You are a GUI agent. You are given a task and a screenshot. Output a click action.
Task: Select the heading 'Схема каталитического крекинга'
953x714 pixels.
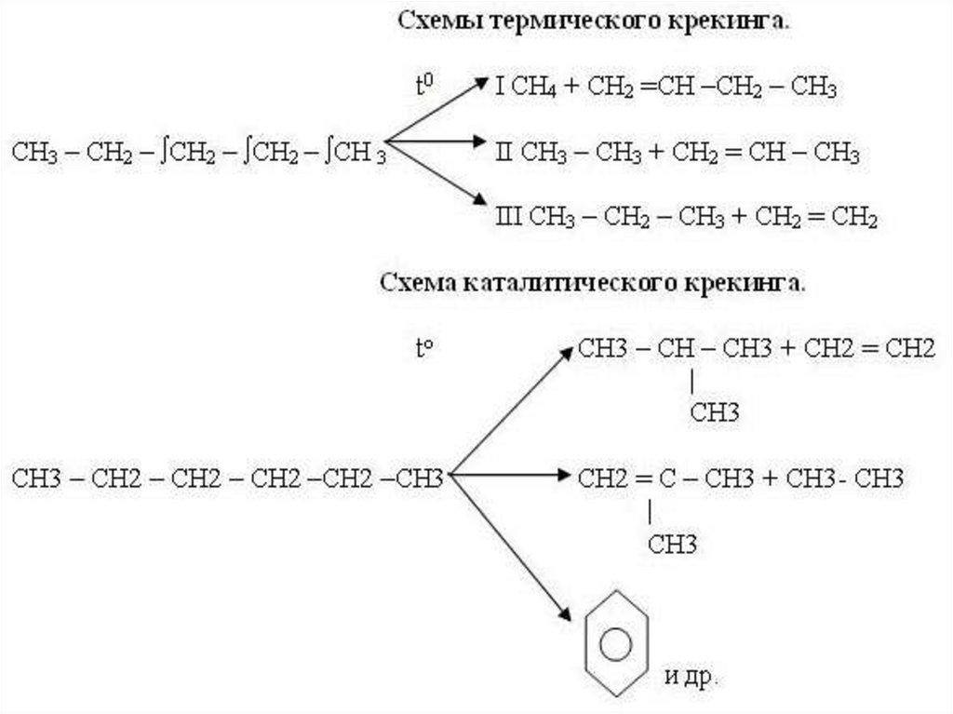593,282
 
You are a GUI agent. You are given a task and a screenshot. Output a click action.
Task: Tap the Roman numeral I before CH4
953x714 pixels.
500,88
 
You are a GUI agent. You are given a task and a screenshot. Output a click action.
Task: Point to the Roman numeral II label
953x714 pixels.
504,152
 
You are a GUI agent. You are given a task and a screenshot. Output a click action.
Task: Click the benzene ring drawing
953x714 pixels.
615,642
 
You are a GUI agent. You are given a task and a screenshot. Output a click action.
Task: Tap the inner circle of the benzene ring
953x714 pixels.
615,643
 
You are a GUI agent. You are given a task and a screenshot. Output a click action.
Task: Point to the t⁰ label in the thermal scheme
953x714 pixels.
424,87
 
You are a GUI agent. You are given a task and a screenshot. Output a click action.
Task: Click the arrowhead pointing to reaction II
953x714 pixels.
481,142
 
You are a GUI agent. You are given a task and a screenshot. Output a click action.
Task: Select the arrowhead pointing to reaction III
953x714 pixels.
481,198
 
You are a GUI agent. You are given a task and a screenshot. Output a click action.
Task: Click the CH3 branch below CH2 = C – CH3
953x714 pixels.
673,544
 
